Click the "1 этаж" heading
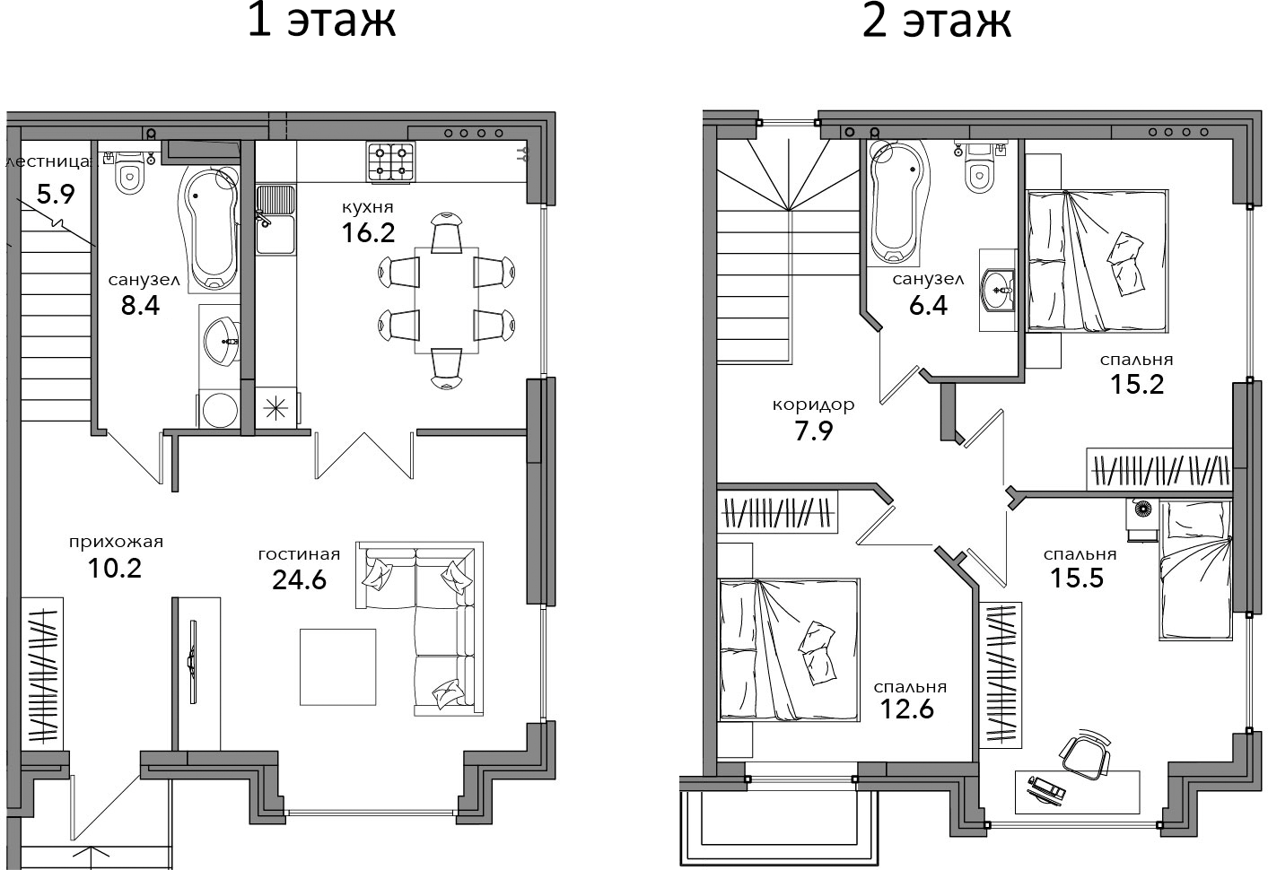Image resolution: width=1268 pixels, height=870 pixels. [321, 22]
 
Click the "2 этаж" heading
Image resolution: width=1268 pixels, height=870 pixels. [936, 22]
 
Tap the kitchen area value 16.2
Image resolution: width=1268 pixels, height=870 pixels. [368, 232]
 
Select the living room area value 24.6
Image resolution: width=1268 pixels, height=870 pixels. [299, 579]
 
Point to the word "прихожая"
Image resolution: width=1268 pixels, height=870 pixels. [116, 542]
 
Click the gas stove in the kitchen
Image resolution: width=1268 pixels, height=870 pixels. [390, 161]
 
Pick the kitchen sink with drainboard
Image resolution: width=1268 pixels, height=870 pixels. [275, 220]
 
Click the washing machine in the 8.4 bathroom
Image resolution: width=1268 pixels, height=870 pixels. [219, 408]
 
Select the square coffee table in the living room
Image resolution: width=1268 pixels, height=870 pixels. [338, 667]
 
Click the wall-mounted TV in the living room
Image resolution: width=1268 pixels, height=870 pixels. [193, 661]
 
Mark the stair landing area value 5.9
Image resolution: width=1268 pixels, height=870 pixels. [56, 195]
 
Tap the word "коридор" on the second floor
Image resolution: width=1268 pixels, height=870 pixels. [813, 405]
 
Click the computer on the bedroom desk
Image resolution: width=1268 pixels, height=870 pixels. [1046, 789]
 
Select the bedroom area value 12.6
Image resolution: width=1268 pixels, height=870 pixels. [907, 709]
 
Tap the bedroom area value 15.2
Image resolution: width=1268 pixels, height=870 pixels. [1137, 384]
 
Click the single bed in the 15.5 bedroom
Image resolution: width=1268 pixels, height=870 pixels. [1195, 570]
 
